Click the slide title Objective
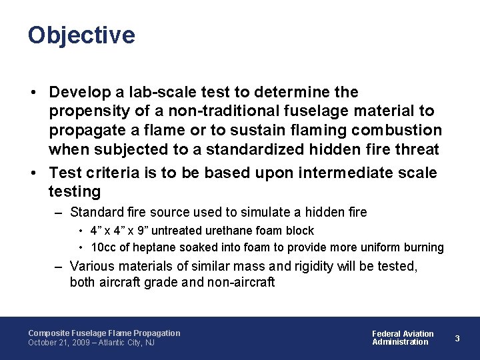coord(81,35)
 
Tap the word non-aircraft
coord(239,282)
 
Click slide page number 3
coord(457,338)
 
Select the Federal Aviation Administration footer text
coord(402,338)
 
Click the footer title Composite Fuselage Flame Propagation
coord(104,333)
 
